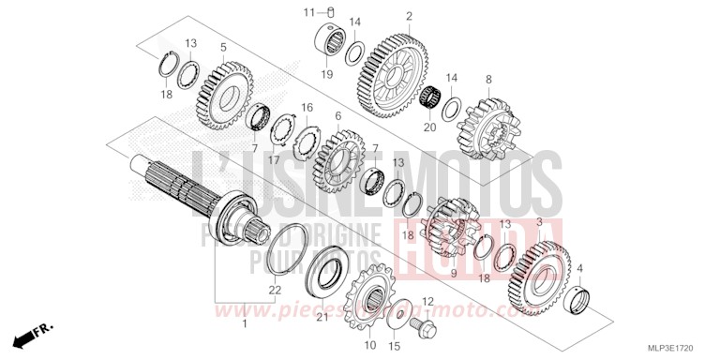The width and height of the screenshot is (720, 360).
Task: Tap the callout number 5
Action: click(222, 47)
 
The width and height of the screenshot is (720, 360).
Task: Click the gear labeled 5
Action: click(223, 96)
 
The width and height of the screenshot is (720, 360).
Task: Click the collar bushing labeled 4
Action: click(583, 300)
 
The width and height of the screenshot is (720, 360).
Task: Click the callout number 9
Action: click(454, 272)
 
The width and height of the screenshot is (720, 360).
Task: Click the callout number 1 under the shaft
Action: click(245, 323)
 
